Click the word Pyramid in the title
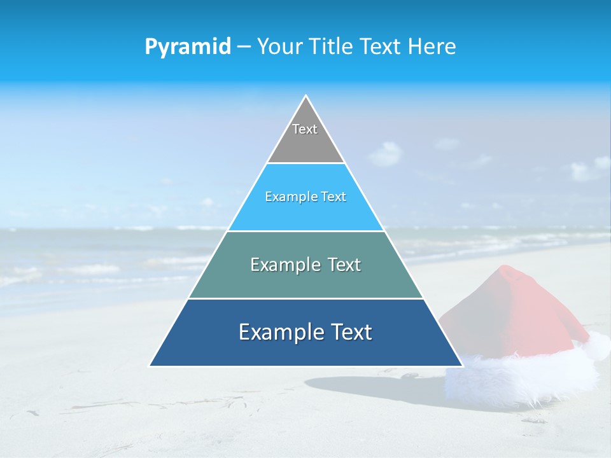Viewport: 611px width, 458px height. pyautogui.click(x=188, y=46)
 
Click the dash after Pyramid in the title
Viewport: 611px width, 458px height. pyautogui.click(x=243, y=47)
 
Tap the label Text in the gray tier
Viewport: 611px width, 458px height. pyautogui.click(x=305, y=129)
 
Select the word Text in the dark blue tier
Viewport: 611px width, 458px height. pyautogui.click(x=350, y=332)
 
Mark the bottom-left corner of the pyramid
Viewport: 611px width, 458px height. pyautogui.click(x=151, y=366)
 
